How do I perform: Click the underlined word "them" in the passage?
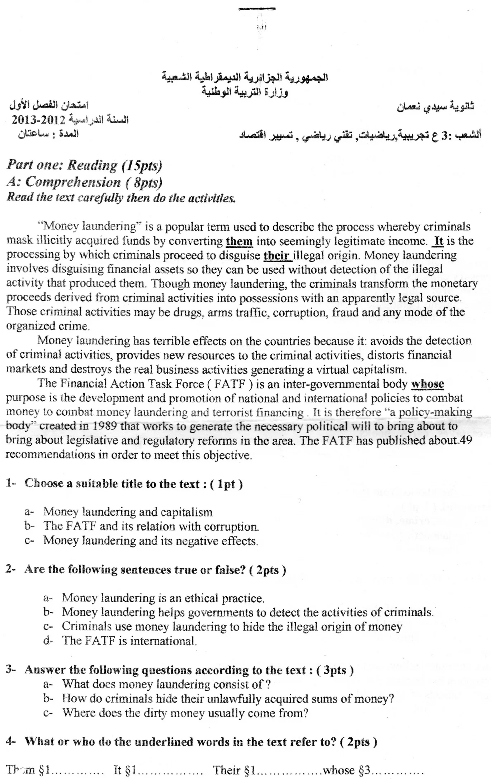239,241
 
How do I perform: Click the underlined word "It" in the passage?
439,241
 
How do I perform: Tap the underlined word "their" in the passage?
277,256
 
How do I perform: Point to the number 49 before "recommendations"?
466,440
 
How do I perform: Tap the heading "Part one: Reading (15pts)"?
85,165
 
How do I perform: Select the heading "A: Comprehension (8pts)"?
85,182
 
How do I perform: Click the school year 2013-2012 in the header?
38,119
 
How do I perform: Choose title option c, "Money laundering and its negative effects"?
151,541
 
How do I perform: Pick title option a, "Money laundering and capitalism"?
128,512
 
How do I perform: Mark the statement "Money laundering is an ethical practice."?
163,598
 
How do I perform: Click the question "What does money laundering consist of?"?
166,684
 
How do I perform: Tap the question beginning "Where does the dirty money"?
185,713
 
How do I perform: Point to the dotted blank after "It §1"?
170,770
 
